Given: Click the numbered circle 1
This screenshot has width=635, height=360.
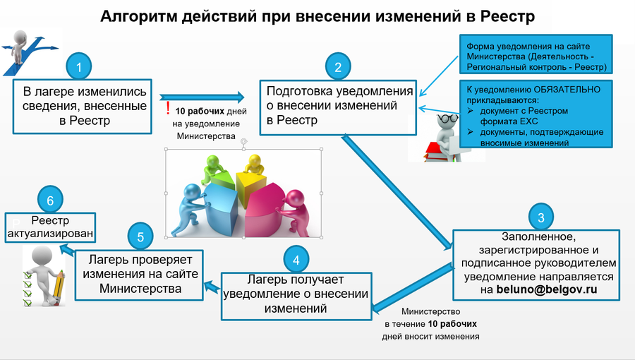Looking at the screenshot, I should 80,67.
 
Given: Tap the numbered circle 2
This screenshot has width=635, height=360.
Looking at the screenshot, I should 339,67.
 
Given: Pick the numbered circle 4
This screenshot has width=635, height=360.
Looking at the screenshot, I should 296,259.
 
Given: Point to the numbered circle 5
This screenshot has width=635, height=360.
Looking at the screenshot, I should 140,236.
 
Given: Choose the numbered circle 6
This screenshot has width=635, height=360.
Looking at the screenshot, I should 50,200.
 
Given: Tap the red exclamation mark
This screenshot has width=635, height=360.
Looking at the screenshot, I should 168,109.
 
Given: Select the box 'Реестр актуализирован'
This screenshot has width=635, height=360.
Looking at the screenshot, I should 50,227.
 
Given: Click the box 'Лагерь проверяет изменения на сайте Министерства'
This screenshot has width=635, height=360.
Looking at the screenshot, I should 139,272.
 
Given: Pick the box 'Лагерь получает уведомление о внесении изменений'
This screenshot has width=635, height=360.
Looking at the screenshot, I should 296,292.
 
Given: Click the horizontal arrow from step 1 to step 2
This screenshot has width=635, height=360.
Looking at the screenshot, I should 201,97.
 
